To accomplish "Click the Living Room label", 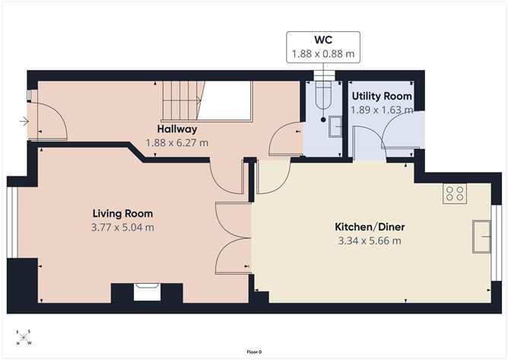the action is click(122, 213).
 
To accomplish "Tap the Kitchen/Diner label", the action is click(370, 227).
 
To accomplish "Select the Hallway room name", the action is click(177, 129).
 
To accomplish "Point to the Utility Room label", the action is click(382, 96).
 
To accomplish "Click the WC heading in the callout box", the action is click(323, 40).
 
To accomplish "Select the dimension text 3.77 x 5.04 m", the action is click(122, 228).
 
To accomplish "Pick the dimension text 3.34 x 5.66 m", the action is click(370, 241).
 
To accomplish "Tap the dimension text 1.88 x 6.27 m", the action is click(177, 142).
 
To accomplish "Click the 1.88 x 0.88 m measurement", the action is click(323, 53).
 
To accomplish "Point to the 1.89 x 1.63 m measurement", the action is click(382, 110).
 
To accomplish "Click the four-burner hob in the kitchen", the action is click(455, 193).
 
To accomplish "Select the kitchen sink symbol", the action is click(481, 237).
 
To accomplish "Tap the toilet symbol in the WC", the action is click(323, 97).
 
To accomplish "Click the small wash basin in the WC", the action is click(335, 126).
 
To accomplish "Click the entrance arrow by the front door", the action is click(24, 122).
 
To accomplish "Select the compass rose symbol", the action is click(24, 338).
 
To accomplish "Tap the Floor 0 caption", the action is click(254, 352).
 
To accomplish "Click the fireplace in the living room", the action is click(147, 292).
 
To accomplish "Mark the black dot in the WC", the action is click(323, 119).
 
